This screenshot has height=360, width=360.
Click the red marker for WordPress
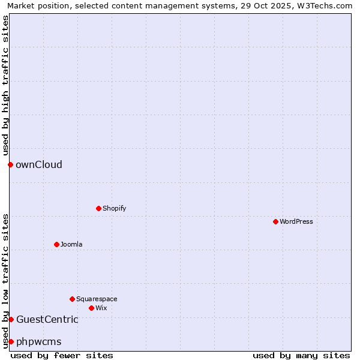pyautogui.click(x=275, y=221)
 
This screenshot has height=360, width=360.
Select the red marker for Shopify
pyautogui.click(x=98, y=208)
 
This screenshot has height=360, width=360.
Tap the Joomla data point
pyautogui.click(x=56, y=244)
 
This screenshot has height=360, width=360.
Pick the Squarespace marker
pyautogui.click(x=72, y=299)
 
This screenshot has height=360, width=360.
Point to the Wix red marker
pyautogui.click(x=91, y=308)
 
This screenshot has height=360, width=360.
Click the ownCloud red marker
pyautogui.click(x=10, y=164)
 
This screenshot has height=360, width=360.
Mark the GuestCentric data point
pyautogui.click(x=11, y=319)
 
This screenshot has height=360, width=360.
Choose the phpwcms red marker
pyautogui.click(x=11, y=341)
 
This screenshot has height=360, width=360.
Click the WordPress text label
pyautogui.click(x=296, y=221)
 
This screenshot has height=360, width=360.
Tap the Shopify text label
pyautogui.click(x=115, y=208)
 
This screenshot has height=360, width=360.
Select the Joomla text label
pyautogui.click(x=71, y=244)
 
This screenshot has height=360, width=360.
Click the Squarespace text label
pyautogui.click(x=97, y=299)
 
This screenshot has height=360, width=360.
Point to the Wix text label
pyautogui.click(x=101, y=308)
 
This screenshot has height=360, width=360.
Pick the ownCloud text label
pyautogui.click(x=39, y=164)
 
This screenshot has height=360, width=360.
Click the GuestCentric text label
pyautogui.click(x=47, y=319)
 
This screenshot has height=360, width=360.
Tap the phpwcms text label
pyautogui.click(x=39, y=341)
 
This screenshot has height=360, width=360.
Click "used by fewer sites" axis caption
pyautogui.click(x=62, y=355)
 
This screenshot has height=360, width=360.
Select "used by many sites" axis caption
pyautogui.click(x=301, y=355)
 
